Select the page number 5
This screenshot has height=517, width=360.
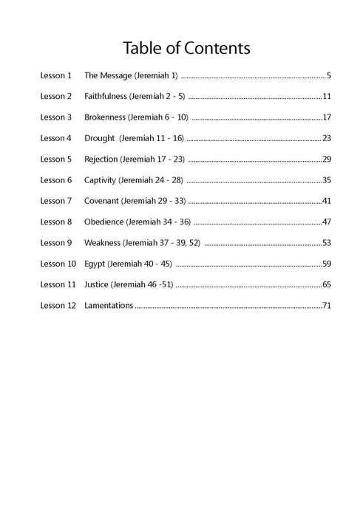click(327, 75)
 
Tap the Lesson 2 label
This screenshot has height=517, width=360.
click(56, 96)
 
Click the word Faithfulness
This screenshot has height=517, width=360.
click(106, 96)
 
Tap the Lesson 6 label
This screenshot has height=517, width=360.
click(56, 179)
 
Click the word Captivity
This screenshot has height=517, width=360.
click(102, 179)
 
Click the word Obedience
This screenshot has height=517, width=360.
click(104, 222)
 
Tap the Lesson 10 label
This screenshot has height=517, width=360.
click(58, 263)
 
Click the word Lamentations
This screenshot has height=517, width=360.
click(109, 305)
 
